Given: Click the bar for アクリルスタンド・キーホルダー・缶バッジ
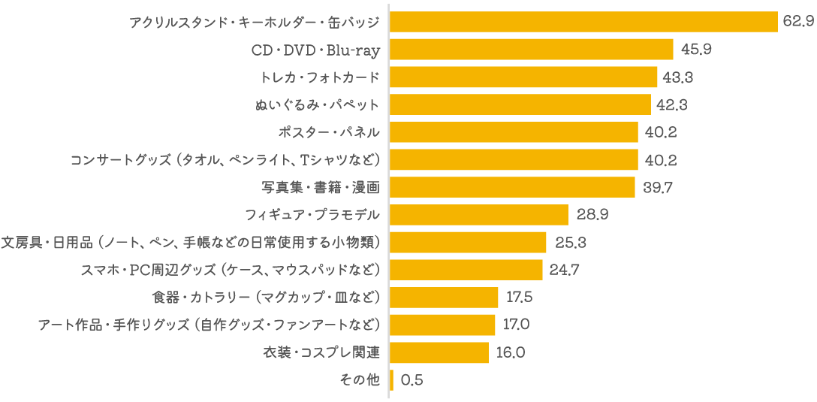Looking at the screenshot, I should (x=583, y=22).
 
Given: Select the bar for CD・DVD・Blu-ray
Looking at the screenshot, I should (x=532, y=50).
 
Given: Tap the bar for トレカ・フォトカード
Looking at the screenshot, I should (x=524, y=77).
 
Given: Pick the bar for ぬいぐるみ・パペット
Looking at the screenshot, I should (x=520, y=104).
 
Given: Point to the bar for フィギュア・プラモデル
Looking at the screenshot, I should (x=479, y=215).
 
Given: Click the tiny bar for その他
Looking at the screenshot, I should (x=392, y=380).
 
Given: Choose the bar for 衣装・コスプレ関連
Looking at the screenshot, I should (x=439, y=352).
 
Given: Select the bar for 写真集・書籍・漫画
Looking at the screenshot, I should (x=513, y=187).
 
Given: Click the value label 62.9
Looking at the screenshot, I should (x=797, y=22).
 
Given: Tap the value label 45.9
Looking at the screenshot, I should (x=695, y=50).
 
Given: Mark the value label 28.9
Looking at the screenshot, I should (x=592, y=215).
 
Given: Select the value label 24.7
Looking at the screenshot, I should (x=565, y=270).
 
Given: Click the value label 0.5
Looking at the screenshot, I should (x=412, y=380).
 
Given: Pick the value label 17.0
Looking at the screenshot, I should (x=518, y=325).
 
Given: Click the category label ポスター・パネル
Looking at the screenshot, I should (x=329, y=132).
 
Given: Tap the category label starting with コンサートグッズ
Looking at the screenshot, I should (x=225, y=160).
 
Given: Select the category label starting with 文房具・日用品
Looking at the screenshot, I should (x=191, y=242).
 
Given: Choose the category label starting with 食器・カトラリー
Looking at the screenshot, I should (x=266, y=298).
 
